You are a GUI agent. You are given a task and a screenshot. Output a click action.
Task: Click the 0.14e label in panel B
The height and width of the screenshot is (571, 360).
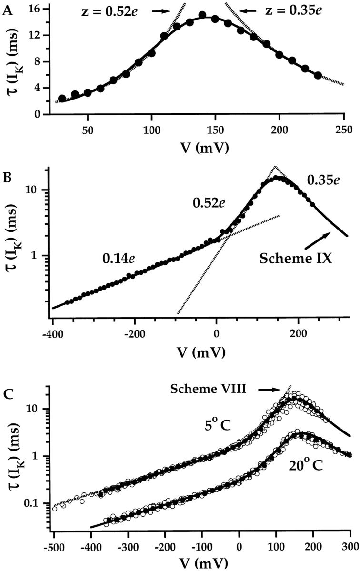120,259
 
